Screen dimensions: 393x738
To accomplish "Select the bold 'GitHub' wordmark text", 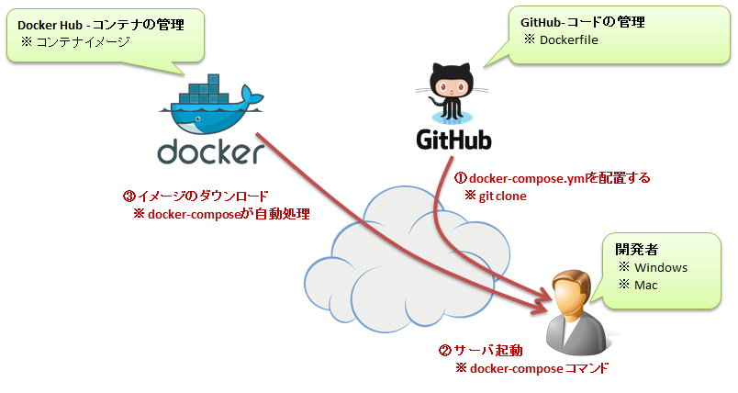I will pos(453,140).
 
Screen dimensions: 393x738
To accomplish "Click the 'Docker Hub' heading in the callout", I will pos(48,25).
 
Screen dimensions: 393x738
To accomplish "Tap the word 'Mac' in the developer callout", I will pos(646,286).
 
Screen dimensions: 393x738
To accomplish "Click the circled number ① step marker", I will pos(462,178).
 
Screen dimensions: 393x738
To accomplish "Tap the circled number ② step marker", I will pos(444,351).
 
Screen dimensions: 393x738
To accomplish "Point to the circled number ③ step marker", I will pos(129,196).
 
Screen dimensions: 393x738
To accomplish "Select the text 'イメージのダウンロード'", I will pos(202,196).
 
